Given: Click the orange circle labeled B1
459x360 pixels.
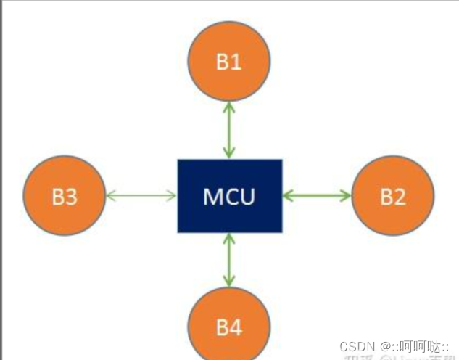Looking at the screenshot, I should pyautogui.click(x=229, y=61).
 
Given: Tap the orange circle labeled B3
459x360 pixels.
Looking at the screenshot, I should pyautogui.click(x=65, y=196).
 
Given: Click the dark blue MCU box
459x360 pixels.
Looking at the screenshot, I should pyautogui.click(x=229, y=196).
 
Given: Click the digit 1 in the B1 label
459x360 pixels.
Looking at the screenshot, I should pyautogui.click(x=237, y=62).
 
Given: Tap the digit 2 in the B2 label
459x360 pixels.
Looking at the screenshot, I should pyautogui.click(x=400, y=197).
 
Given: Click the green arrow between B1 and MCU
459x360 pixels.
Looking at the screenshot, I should pyautogui.click(x=229, y=129).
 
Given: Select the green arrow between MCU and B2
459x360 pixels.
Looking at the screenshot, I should pyautogui.click(x=317, y=195).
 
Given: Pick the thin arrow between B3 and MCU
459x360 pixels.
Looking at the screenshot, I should pyautogui.click(x=142, y=195).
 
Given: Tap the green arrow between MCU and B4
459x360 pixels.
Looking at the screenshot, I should pyautogui.click(x=229, y=259).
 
